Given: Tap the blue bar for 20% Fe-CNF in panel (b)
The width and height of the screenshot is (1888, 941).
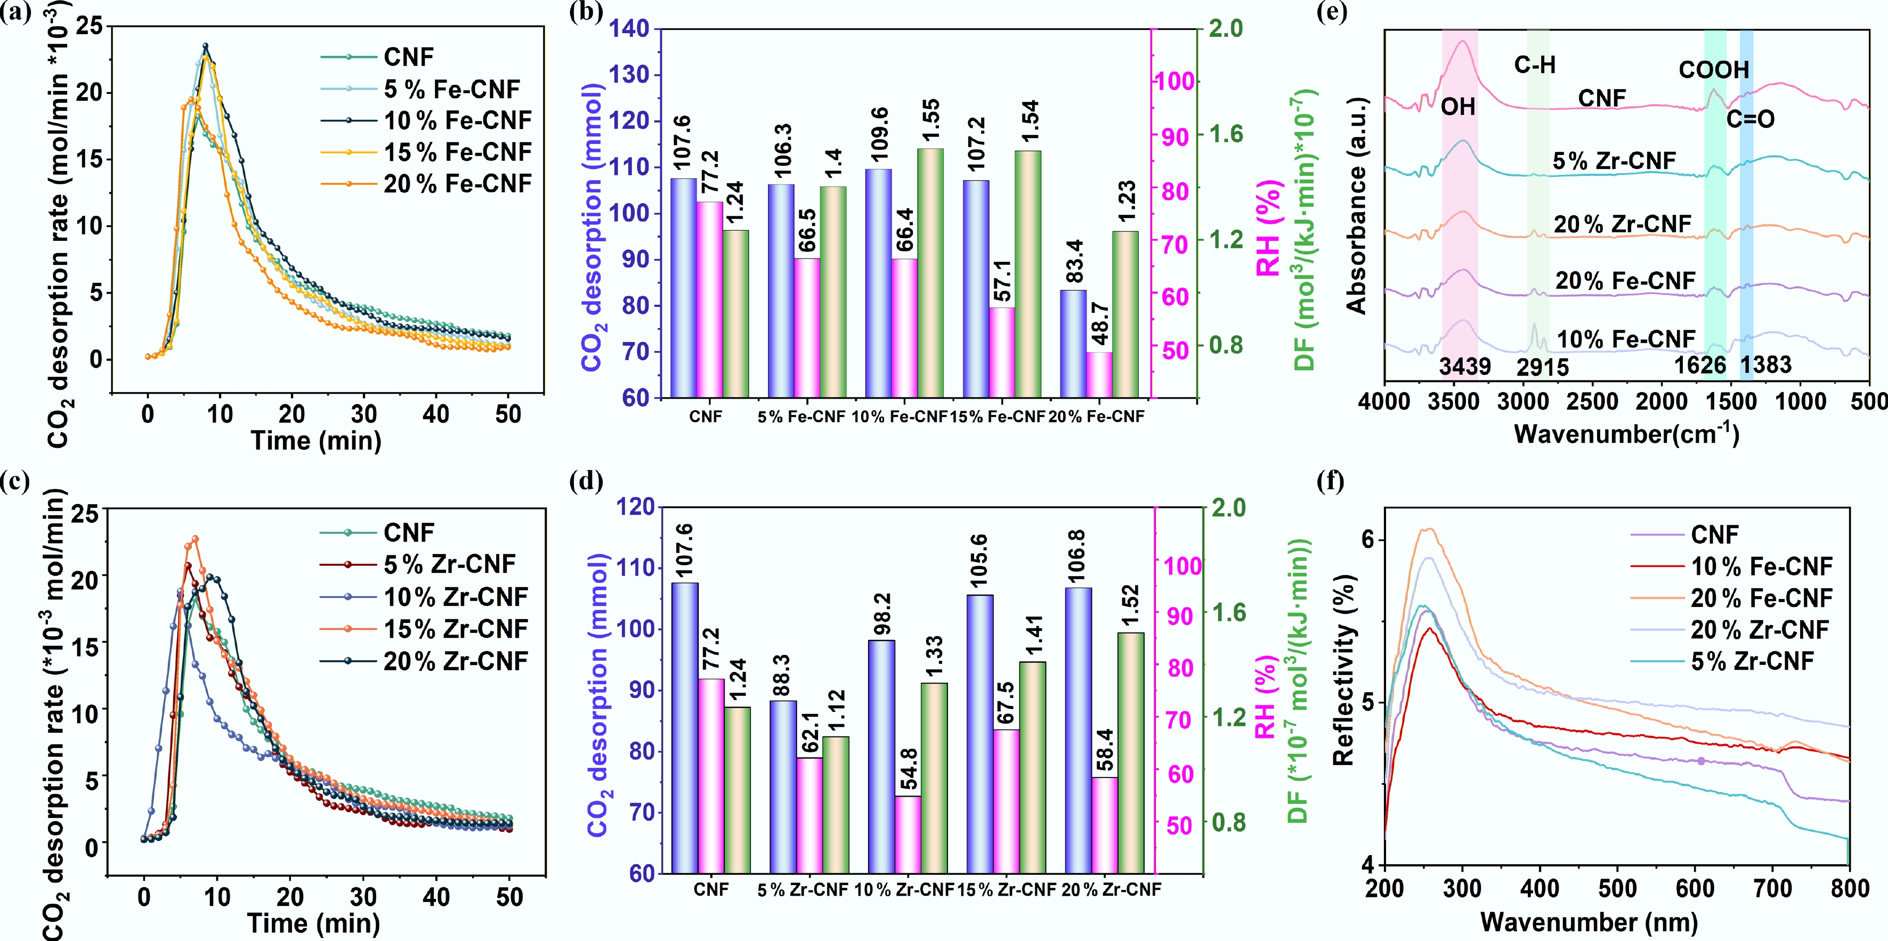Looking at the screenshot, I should (1073, 344).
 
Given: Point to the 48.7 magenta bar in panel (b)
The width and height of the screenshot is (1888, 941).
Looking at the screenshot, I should (1099, 375).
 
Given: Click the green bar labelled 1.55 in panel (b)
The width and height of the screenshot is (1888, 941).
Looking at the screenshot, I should (930, 273).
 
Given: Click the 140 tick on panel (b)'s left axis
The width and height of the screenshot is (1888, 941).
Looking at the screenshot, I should (630, 29).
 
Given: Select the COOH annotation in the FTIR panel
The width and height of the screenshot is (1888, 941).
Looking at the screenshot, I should (1714, 70).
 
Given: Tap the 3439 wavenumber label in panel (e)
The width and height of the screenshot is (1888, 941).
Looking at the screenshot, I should (1464, 366).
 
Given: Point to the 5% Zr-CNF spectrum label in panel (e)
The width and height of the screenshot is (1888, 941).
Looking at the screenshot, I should (1614, 160).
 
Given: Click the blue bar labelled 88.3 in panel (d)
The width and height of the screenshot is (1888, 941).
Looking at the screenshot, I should (783, 786).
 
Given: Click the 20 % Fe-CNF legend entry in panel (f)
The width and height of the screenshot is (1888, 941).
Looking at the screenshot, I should (1761, 598).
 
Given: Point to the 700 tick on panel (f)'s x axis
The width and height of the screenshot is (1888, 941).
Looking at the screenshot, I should (1772, 888).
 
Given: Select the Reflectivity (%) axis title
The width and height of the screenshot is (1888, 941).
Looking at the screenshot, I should (1344, 670).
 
